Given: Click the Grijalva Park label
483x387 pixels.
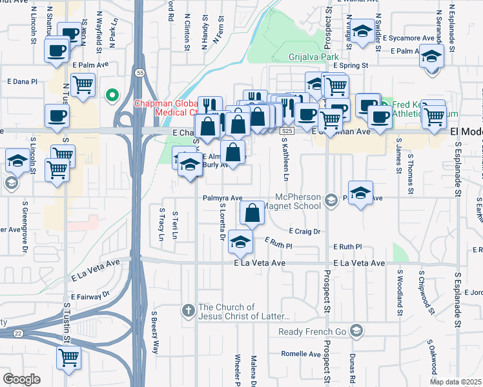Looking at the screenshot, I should point(314,57).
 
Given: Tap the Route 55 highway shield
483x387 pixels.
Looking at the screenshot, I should point(139,74).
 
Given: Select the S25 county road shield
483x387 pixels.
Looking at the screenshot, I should point(288,131).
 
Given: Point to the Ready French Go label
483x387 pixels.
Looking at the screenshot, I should point(313,332).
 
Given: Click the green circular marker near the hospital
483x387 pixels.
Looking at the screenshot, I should point(112,97).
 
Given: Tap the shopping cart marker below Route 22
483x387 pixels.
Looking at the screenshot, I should point(69,357).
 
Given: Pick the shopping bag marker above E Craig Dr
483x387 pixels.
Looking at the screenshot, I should point(252,212).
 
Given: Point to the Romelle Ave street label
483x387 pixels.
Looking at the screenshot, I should point(301,354).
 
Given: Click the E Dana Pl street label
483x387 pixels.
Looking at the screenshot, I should point(23,82).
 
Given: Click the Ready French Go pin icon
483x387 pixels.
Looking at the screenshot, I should point(356,332).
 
